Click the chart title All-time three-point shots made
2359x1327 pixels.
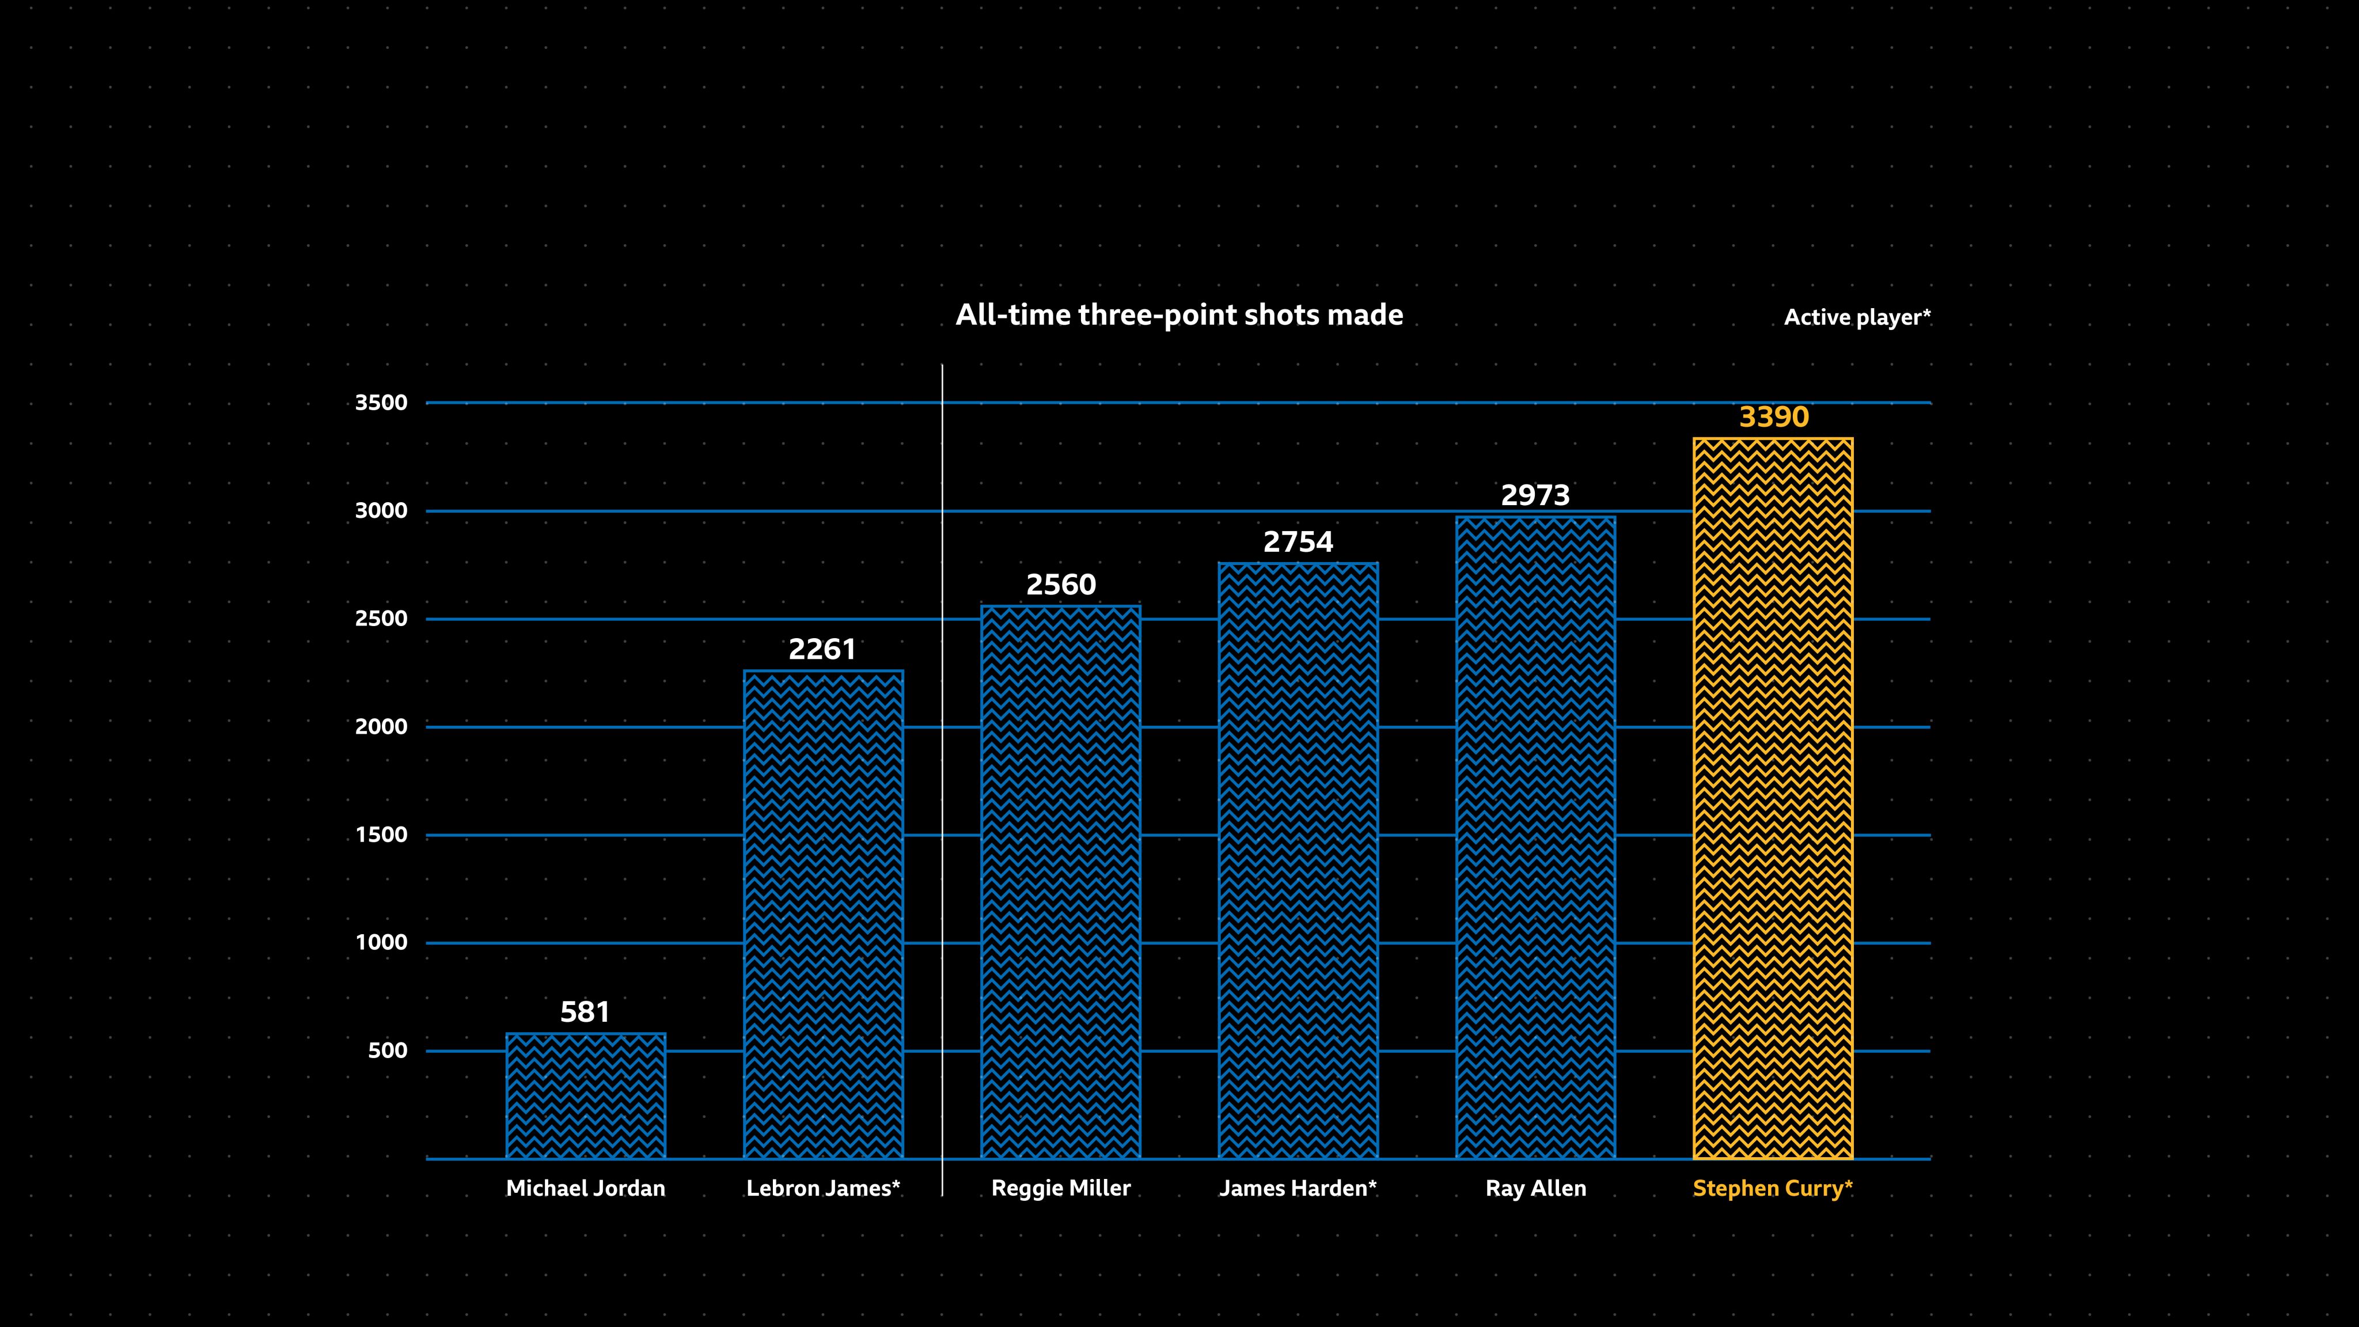click(x=1178, y=315)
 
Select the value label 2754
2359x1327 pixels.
click(x=1298, y=542)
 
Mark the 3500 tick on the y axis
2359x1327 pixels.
click(x=381, y=403)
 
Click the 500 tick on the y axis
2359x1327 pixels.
click(x=388, y=1051)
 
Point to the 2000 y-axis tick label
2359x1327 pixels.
click(x=381, y=727)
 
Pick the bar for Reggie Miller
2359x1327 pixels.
click(x=1060, y=882)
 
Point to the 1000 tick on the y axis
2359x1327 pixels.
click(x=381, y=942)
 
